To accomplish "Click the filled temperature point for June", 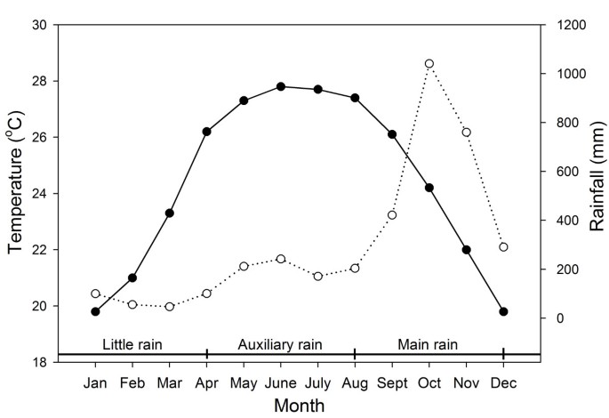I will (281, 86).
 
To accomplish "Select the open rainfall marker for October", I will (429, 64).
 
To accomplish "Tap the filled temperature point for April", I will (206, 132).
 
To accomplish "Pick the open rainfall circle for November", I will (466, 133).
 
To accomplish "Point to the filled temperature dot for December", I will (503, 311).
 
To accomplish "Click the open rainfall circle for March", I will (169, 306).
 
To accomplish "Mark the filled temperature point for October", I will (429, 188).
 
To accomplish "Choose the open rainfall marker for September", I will (392, 215).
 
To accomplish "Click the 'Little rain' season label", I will (132, 343).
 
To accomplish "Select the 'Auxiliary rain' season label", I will (280, 343).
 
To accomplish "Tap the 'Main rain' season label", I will (428, 343).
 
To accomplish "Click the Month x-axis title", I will (299, 406).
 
